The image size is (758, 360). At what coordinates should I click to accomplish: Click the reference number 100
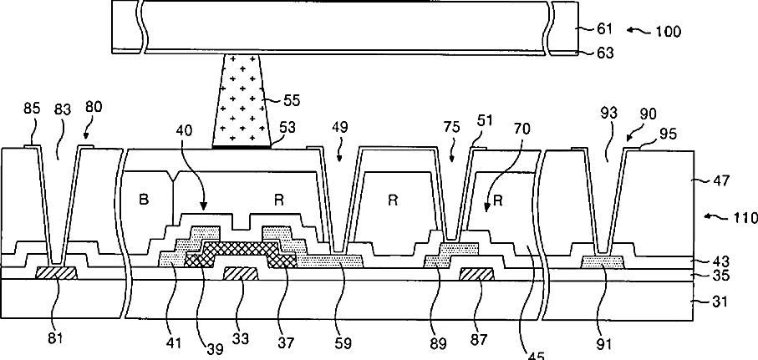669,33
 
